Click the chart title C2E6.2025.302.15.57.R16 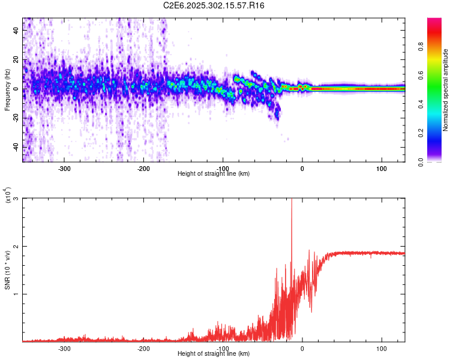coord(214,5)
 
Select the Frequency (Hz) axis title coord(7,90)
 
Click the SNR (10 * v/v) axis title coord(7,270)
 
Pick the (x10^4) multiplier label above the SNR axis coord(7,195)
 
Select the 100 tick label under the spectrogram coord(382,168)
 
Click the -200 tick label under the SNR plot coord(143,348)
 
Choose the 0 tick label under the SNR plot coord(302,348)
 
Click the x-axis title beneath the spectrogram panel coord(214,174)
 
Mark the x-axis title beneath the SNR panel coord(214,354)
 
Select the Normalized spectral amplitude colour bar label coord(445,90)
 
